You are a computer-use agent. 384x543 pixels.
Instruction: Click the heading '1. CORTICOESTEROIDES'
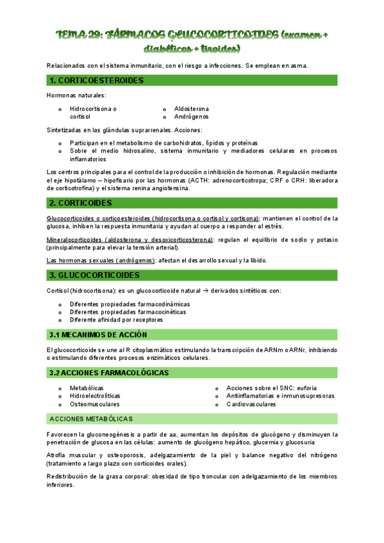(x=96, y=81)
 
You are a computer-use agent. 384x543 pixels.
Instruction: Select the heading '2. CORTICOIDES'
(x=81, y=203)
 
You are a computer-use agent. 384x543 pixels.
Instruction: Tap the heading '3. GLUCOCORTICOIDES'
(x=94, y=275)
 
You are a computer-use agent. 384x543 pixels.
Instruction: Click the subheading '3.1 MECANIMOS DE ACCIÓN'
(x=98, y=335)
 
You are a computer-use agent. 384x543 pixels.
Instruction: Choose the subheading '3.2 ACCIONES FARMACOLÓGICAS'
(x=109, y=373)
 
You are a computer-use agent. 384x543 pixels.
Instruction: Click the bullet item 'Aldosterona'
(x=192, y=109)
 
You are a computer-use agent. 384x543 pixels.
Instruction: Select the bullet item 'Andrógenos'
(x=191, y=117)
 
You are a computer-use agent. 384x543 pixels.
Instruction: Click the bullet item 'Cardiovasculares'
(x=251, y=404)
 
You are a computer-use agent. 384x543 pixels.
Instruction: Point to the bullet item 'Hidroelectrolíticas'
(x=96, y=396)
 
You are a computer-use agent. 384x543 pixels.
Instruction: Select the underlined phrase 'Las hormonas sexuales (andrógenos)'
(x=101, y=260)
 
